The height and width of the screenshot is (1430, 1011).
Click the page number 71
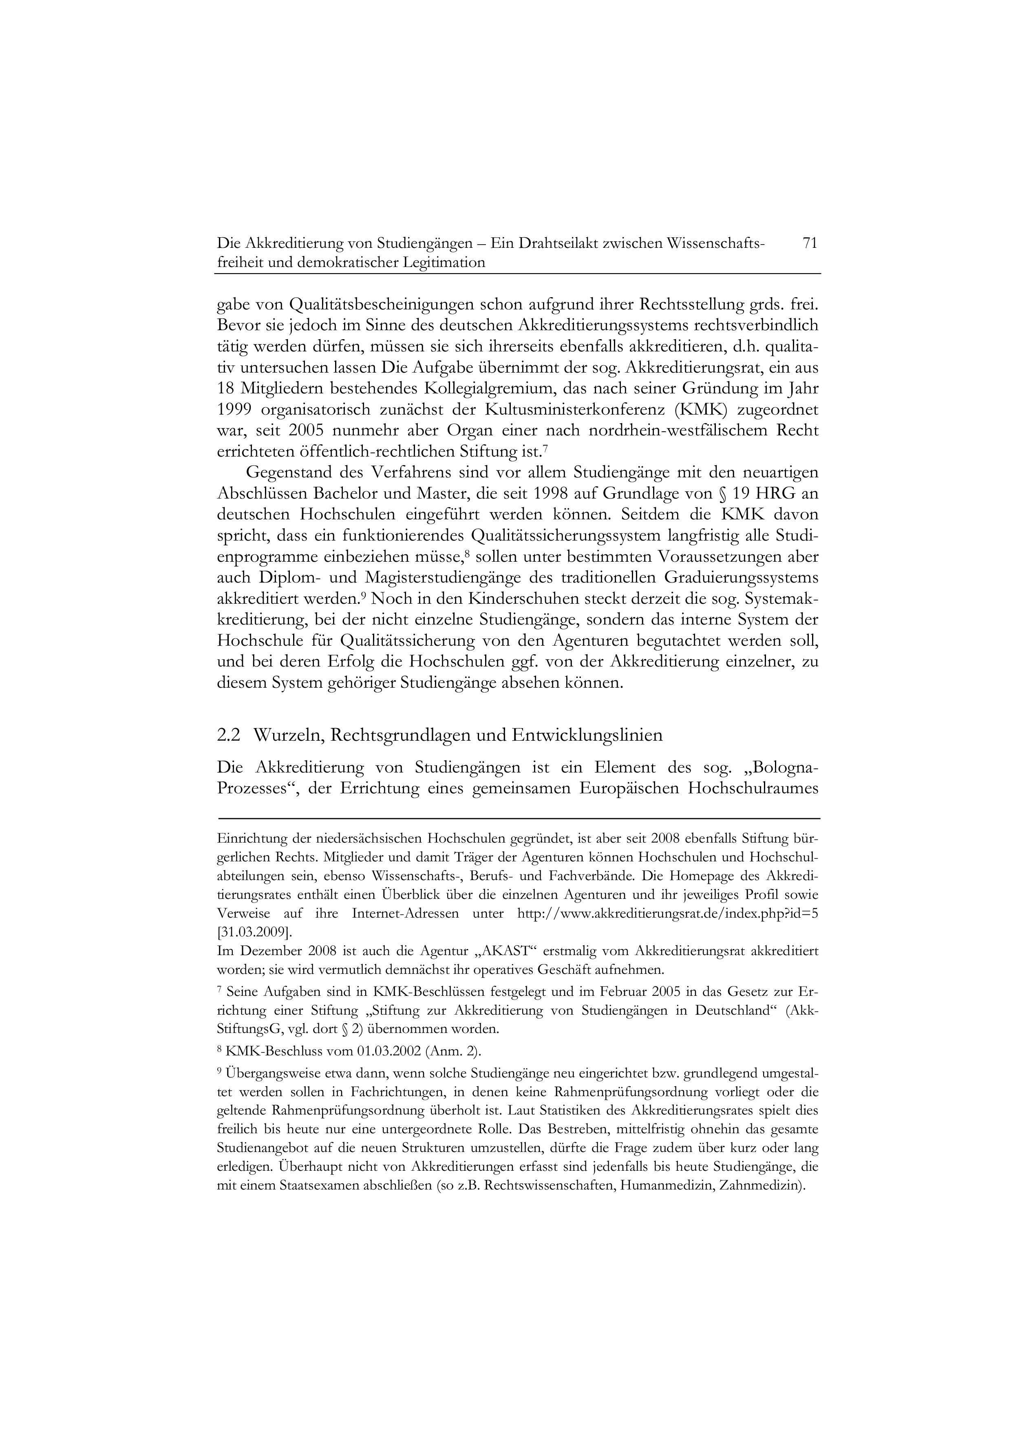pyautogui.click(x=810, y=243)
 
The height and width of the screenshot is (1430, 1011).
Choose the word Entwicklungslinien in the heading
pyautogui.click(x=587, y=735)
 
